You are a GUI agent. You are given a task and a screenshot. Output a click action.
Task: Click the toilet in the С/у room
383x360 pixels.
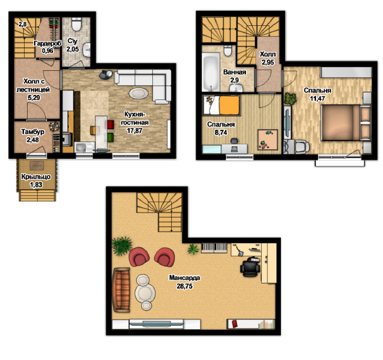pos(76,25)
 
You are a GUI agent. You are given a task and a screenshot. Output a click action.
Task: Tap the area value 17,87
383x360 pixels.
pos(135,130)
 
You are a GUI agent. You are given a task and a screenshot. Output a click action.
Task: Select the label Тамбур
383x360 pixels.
pos(33,132)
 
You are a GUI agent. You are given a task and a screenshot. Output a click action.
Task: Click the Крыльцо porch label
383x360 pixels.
pos(36,177)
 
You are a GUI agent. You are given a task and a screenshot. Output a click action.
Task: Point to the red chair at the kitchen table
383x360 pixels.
pos(111,125)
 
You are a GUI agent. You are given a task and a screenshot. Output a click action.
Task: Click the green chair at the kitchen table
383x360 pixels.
pos(111,137)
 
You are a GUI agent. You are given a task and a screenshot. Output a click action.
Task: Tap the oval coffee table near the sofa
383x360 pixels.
pos(138,93)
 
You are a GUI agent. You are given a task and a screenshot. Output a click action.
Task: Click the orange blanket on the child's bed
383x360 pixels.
pos(229,106)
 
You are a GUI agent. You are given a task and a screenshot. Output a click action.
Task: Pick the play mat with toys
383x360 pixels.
pos(268,140)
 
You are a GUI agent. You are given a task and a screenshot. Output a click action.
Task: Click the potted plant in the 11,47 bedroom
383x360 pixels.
pos(290,99)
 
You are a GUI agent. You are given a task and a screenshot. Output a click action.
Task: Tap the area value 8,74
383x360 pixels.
pos(221,133)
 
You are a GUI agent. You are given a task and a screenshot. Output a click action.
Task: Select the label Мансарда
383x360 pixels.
pos(185,278)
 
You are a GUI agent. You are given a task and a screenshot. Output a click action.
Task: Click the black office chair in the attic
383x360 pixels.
pos(250,267)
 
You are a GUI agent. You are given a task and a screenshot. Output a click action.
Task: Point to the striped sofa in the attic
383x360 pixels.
pos(121,290)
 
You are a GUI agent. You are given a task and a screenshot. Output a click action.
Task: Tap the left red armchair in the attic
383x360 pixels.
pos(139,257)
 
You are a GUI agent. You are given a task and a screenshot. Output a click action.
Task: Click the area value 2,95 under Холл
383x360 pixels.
pos(268,63)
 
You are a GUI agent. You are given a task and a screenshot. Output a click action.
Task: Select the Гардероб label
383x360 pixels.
pos(47,44)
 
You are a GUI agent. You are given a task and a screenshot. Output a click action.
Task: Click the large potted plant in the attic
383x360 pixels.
pos(121,245)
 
